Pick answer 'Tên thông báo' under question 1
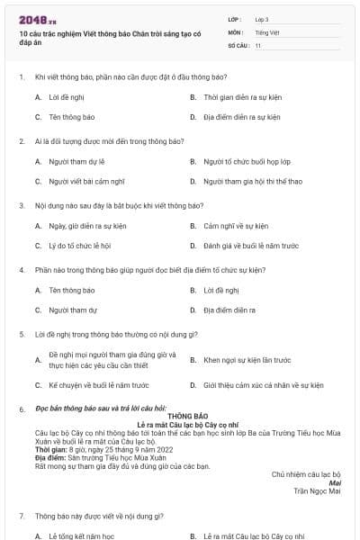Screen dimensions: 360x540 (x=72, y=117)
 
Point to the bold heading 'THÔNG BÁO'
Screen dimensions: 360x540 (x=181, y=416)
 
